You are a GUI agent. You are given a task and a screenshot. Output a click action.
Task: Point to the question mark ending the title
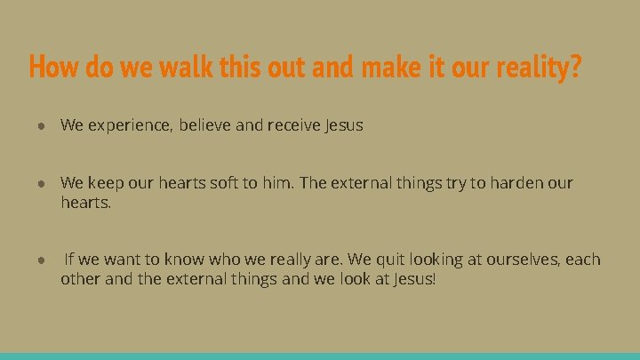pyautogui.click(x=576, y=67)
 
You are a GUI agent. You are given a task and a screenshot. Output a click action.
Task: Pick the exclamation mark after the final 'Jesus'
pyautogui.click(x=434, y=279)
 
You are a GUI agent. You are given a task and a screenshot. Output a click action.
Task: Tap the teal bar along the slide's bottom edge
pyautogui.click(x=320, y=356)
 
